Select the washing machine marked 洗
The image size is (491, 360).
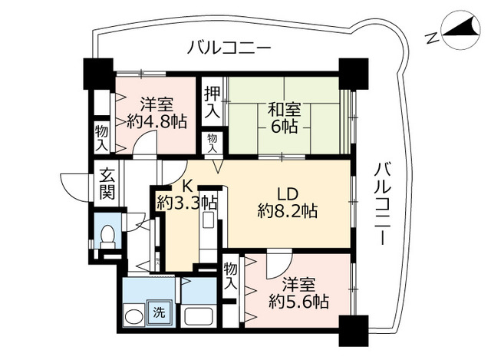point(160,312)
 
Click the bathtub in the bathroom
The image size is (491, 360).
point(198,316)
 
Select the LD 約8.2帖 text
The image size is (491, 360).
point(288,203)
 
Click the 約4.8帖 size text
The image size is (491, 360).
point(157,121)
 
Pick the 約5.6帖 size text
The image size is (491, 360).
point(298,302)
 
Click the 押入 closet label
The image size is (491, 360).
point(213,102)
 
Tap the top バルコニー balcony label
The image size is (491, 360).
point(229,48)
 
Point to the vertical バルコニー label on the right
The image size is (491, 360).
point(383,203)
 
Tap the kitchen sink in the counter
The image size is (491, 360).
point(208,220)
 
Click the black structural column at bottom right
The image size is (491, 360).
point(353,331)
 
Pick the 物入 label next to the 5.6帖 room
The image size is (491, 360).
point(230,276)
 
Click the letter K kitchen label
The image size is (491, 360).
point(187,186)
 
